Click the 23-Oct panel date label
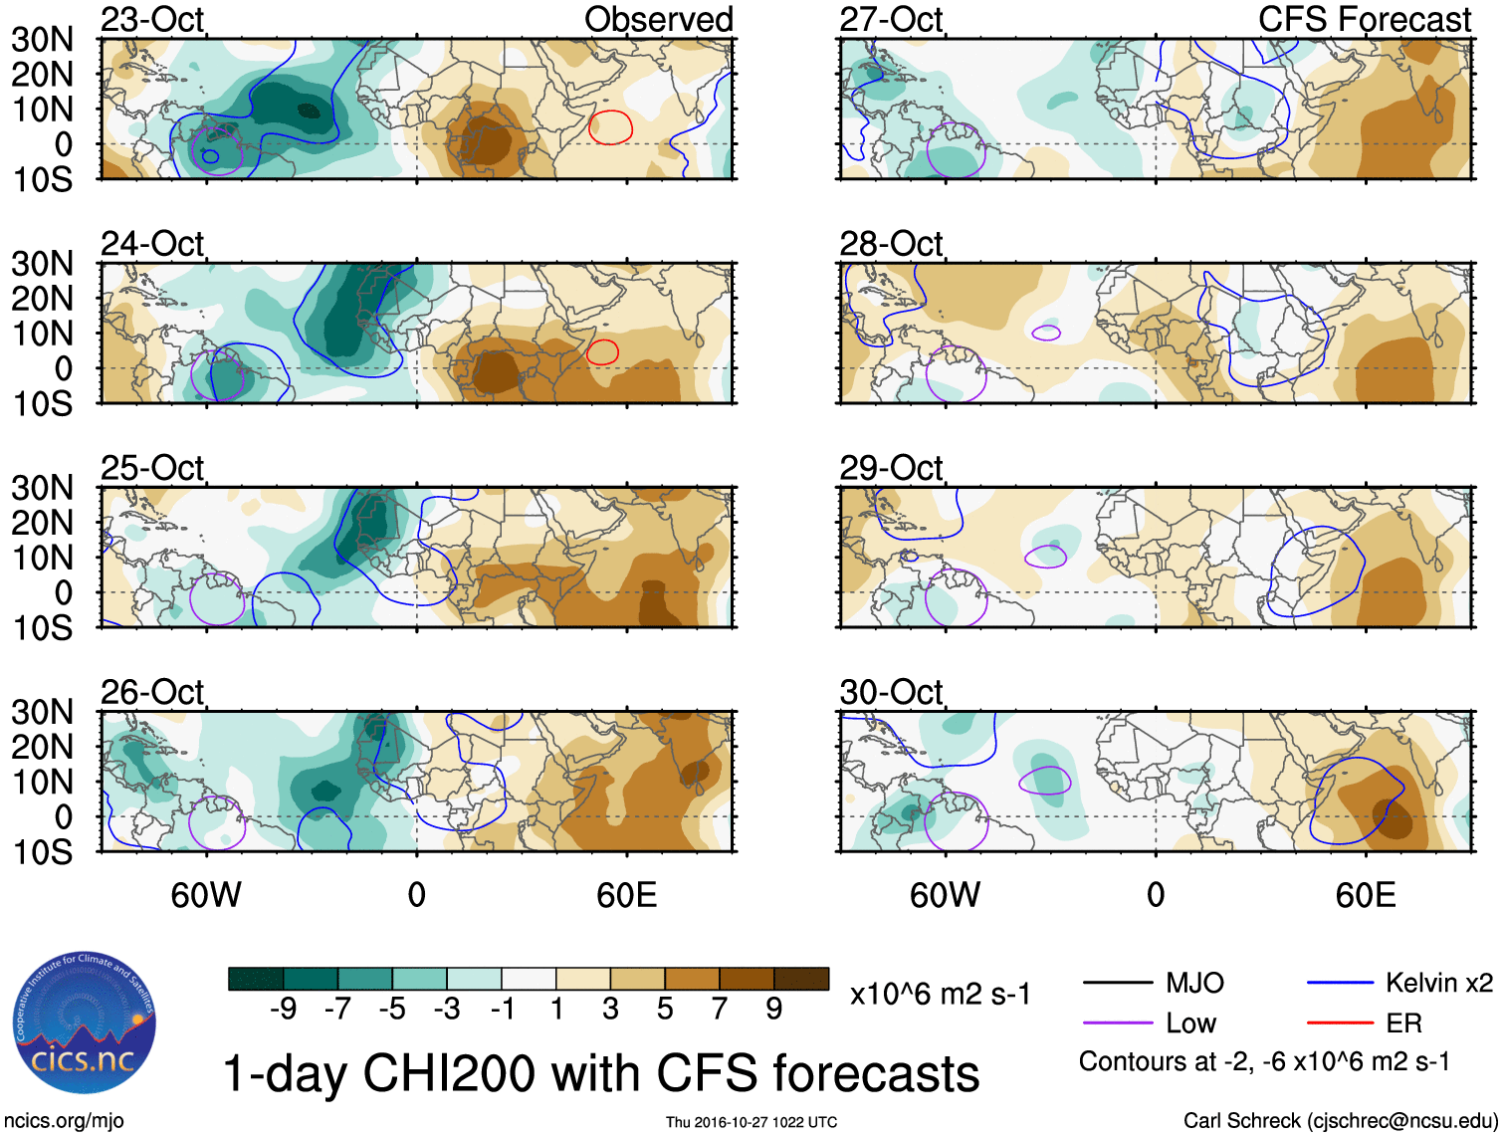click(152, 20)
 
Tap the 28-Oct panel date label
click(891, 244)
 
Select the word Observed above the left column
click(658, 20)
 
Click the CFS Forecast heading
click(1365, 20)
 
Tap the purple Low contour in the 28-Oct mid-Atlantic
click(1046, 333)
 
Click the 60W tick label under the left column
click(206, 895)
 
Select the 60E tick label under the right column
click(1365, 895)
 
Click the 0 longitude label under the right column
click(1156, 895)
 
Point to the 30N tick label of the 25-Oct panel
click(42, 488)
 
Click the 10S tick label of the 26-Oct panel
click(42, 852)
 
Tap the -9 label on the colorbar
click(284, 1010)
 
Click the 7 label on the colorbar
click(720, 1010)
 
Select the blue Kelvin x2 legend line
click(1340, 984)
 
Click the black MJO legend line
click(1117, 984)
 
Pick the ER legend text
click(1403, 1023)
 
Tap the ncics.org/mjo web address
click(64, 1121)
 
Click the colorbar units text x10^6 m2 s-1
click(940, 994)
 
